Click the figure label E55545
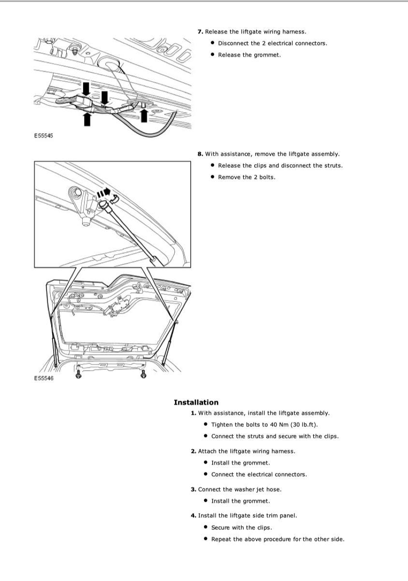[44, 135]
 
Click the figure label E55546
[44, 378]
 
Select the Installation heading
[196, 402]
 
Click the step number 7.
[200, 31]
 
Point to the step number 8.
[200, 154]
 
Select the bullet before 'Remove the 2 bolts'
[213, 177]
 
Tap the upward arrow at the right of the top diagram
[144, 115]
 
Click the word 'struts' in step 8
[332, 165]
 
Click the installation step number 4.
[193, 515]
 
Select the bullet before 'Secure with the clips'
[206, 527]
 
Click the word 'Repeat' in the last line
[221, 539]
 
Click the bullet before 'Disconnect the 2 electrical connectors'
[213, 43]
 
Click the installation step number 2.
[193, 450]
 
